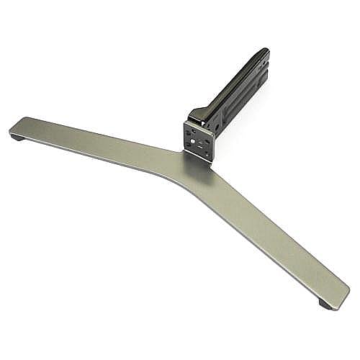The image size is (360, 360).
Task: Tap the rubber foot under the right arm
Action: [325, 305]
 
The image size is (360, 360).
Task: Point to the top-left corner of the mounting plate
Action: [185, 123]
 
